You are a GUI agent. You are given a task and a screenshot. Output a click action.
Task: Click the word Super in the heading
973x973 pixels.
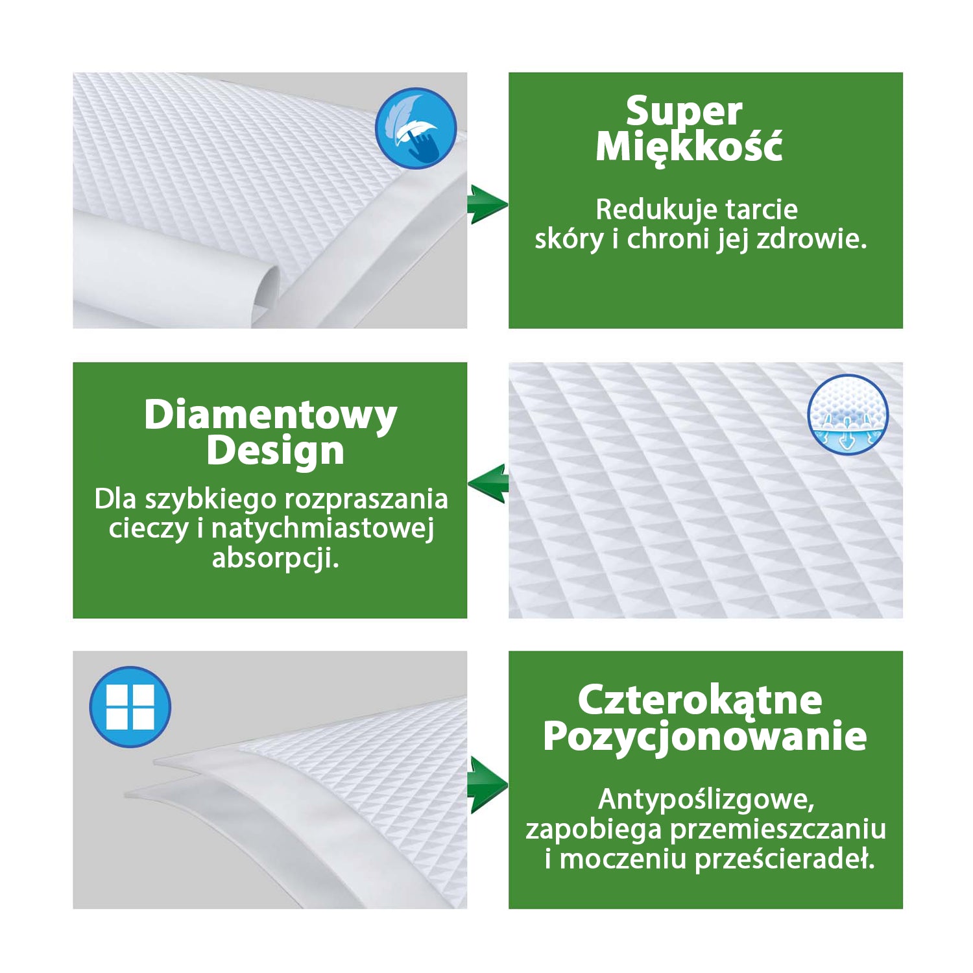pyautogui.click(x=684, y=112)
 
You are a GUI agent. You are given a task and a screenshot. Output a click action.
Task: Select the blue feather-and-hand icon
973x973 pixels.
pyautogui.click(x=416, y=128)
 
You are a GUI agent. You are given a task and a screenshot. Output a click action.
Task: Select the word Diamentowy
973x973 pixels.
pyautogui.click(x=270, y=415)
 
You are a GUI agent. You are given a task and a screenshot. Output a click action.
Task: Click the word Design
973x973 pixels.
pyautogui.click(x=275, y=451)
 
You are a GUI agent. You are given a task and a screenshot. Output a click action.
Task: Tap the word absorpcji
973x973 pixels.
pyautogui.click(x=276, y=559)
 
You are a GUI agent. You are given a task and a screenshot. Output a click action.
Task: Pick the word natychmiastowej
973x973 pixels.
pyautogui.click(x=322, y=528)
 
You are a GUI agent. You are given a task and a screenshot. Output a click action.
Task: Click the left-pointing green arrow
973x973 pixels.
pyautogui.click(x=488, y=483)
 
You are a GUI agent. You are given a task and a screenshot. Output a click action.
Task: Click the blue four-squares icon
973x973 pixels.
pyautogui.click(x=130, y=706)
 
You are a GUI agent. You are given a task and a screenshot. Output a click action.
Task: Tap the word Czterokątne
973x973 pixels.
pyautogui.click(x=700, y=701)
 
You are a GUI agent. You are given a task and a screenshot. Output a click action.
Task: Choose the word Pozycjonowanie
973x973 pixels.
pyautogui.click(x=705, y=736)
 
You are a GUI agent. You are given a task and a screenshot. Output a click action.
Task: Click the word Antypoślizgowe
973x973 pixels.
pyautogui.click(x=706, y=800)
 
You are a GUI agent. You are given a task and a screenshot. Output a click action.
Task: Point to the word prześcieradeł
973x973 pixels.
pyautogui.click(x=785, y=859)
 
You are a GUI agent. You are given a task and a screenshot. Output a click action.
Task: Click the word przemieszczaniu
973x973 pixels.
pyautogui.click(x=778, y=830)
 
